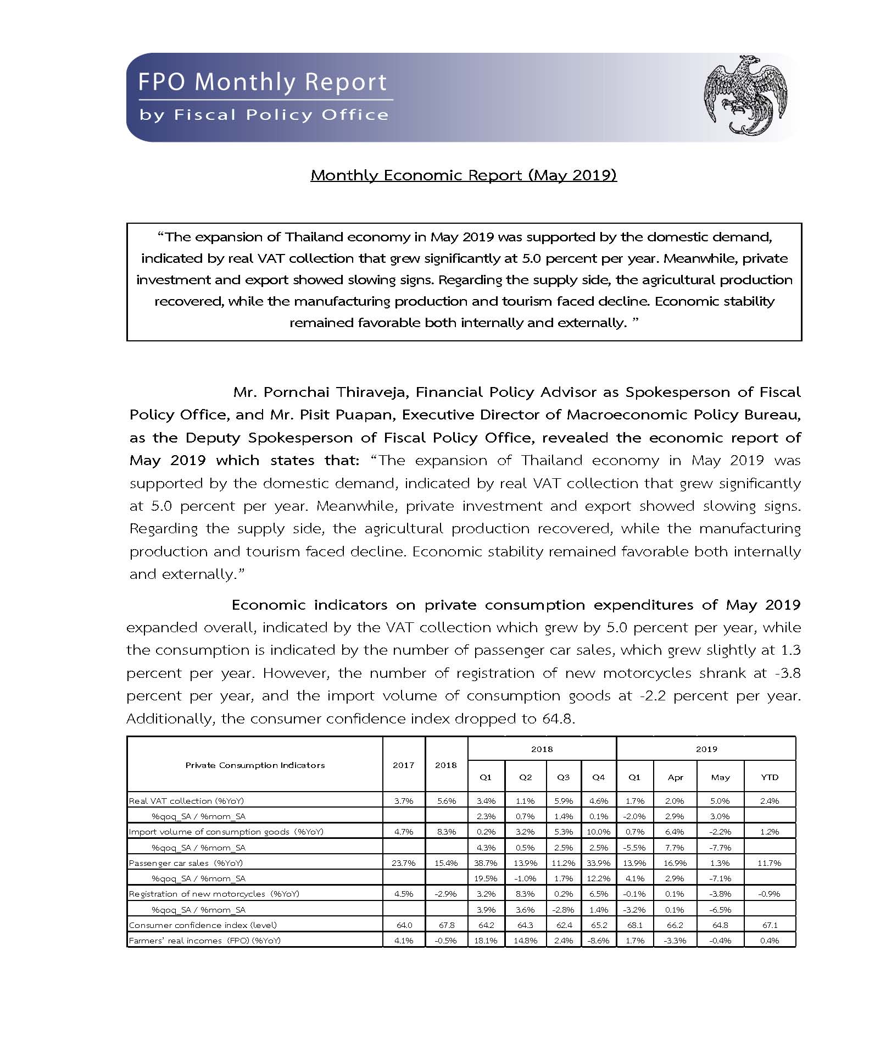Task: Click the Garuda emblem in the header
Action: tap(745, 95)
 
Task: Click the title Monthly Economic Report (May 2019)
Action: tap(464, 175)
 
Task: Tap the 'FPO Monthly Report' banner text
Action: tap(263, 82)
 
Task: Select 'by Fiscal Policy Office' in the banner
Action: tap(264, 115)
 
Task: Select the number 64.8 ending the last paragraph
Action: tap(558, 719)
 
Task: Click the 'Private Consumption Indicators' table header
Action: tap(255, 765)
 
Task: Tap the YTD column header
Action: tap(770, 777)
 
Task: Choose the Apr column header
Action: tap(675, 777)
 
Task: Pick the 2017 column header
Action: tap(403, 765)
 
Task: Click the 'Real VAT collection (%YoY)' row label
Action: tap(187, 801)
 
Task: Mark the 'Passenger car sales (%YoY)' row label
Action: tap(186, 863)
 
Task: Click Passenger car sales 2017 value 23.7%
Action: tap(403, 863)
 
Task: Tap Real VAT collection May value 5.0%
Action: tap(720, 801)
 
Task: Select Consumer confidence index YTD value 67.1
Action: tap(770, 925)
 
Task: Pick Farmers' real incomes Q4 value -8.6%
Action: tap(599, 941)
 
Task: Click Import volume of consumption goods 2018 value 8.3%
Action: tap(446, 832)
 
